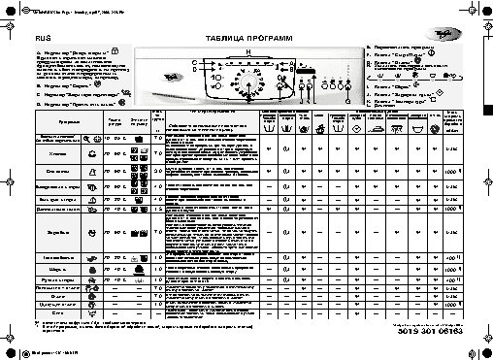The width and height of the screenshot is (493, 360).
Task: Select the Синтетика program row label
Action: (55, 171)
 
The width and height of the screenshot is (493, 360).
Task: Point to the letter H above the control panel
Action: (248, 50)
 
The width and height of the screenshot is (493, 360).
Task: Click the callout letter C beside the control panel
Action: (195, 64)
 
